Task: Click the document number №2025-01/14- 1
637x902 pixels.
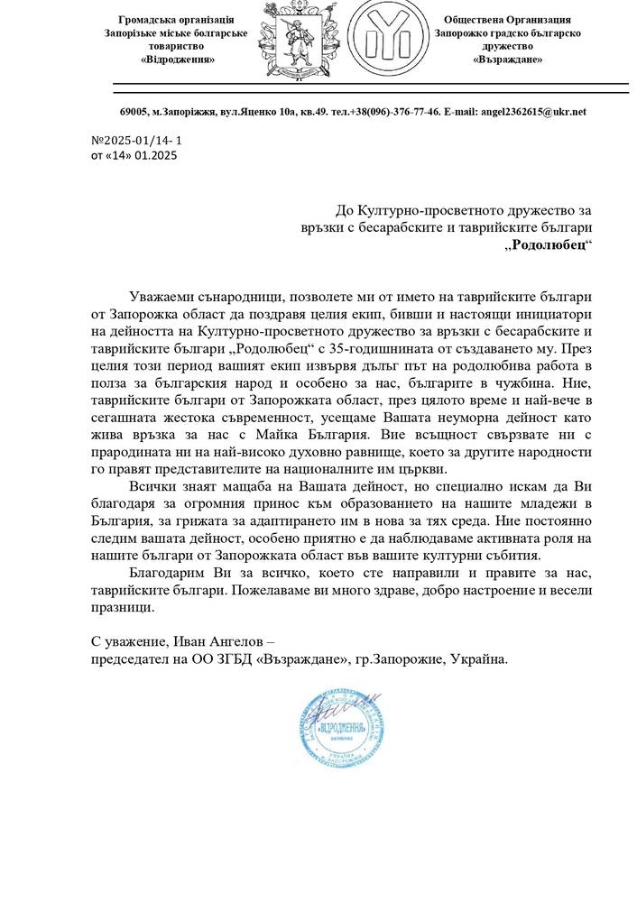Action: [137, 142]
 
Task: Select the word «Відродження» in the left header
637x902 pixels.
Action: [178, 60]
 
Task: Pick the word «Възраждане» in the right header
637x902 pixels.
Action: [507, 60]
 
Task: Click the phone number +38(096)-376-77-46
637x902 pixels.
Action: [400, 112]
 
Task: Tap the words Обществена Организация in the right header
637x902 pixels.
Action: [507, 20]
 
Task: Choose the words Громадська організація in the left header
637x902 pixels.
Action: [177, 20]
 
